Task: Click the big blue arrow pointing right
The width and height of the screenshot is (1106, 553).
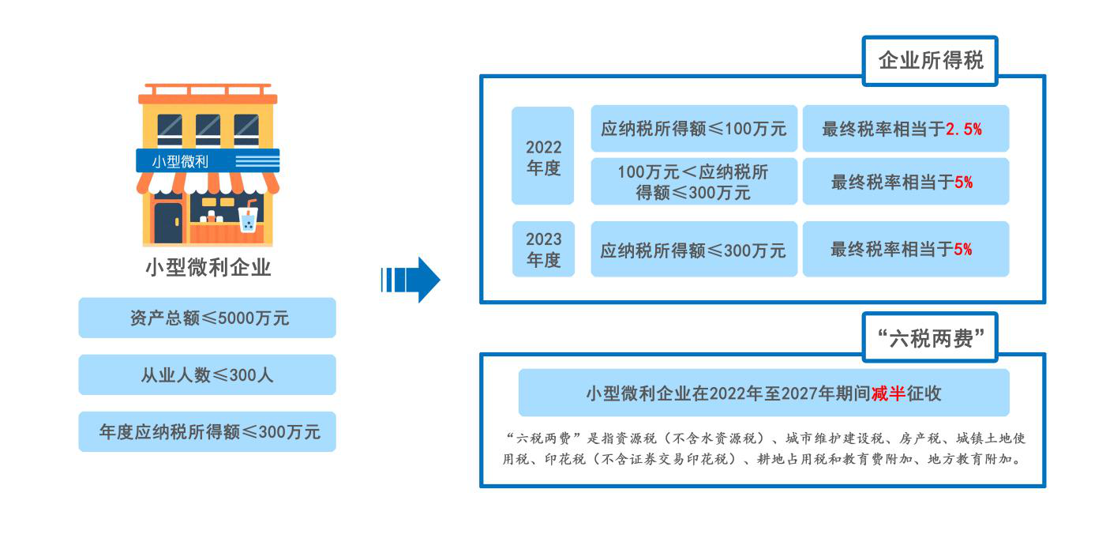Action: [411, 280]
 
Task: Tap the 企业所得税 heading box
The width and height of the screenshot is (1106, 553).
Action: [930, 61]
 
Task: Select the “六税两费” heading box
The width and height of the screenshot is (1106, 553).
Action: [930, 338]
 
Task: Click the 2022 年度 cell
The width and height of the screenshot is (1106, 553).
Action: [542, 156]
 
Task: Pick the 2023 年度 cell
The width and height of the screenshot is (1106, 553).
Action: [543, 249]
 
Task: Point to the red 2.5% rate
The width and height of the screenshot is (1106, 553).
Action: [963, 130]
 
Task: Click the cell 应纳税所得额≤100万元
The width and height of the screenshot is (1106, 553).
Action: [694, 129]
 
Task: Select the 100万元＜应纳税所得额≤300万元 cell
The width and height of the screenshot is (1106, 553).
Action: [694, 182]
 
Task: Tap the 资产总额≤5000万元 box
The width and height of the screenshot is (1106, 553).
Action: [208, 318]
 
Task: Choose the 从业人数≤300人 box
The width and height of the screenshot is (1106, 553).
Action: [208, 374]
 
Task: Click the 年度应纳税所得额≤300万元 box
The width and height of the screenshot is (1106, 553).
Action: [208, 431]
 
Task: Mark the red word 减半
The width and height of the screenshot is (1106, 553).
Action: [888, 394]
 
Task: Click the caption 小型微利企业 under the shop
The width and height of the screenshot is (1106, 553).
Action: [208, 267]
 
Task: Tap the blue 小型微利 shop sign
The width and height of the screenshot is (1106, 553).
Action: [208, 160]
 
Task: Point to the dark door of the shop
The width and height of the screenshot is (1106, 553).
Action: [168, 224]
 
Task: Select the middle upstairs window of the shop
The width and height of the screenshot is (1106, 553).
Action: [208, 130]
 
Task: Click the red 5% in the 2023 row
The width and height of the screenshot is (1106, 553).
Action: [962, 250]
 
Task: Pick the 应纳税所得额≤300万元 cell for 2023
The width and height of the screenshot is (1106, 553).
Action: [694, 249]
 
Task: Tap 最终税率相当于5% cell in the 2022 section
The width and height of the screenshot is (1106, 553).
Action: [905, 182]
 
